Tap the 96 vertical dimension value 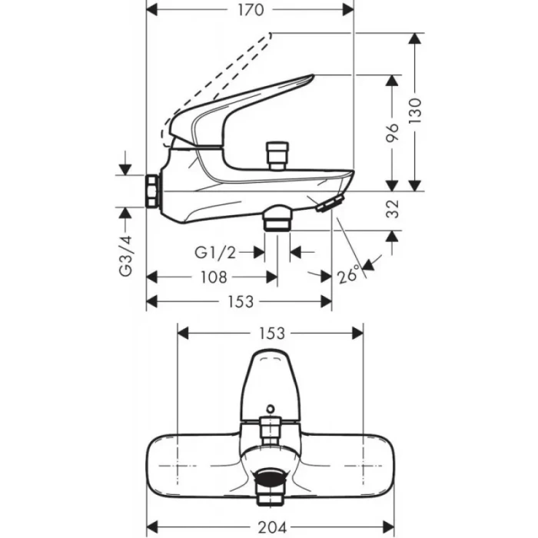[393, 133]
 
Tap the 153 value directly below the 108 [241, 302]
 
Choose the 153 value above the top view [271, 333]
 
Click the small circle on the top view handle [271, 408]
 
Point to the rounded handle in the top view [271, 380]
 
